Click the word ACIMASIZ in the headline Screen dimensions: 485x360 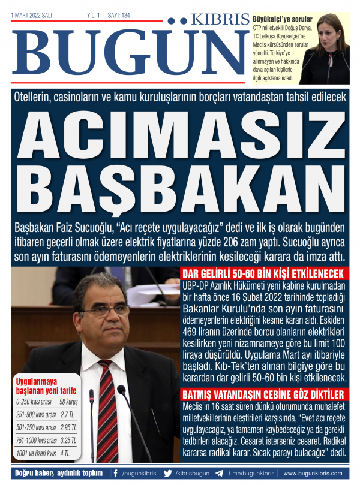click(x=180, y=132)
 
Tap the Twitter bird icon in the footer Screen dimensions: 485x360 click(x=167, y=472)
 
